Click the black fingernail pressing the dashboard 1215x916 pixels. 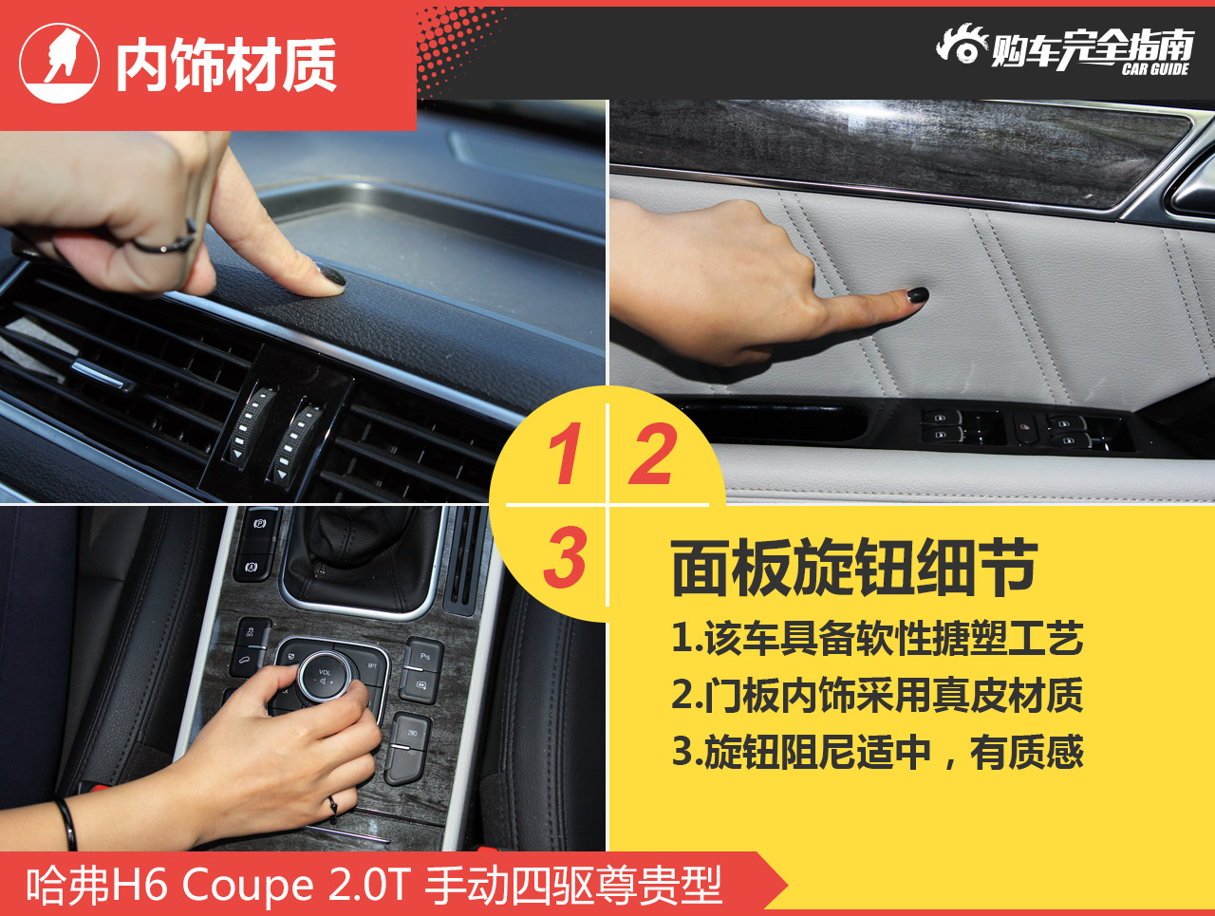(331, 275)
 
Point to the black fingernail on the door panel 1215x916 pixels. (917, 295)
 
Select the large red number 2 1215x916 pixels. (653, 454)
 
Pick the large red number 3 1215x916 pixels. (565, 556)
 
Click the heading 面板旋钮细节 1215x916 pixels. (854, 569)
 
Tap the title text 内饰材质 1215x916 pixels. (226, 65)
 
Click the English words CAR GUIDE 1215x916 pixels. (1154, 69)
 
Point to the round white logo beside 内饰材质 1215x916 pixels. (59, 63)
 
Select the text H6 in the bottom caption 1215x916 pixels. (140, 885)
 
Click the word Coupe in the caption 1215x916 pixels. (248, 887)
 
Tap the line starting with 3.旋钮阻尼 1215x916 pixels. (877, 752)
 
